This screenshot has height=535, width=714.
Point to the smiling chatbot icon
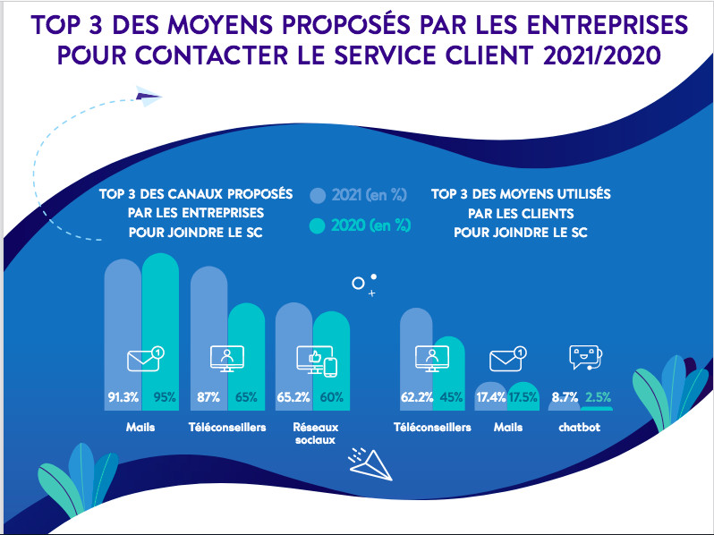pos(585,359)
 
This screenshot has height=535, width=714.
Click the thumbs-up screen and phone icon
pos(316,361)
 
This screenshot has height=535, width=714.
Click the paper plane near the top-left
pos(149,94)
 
